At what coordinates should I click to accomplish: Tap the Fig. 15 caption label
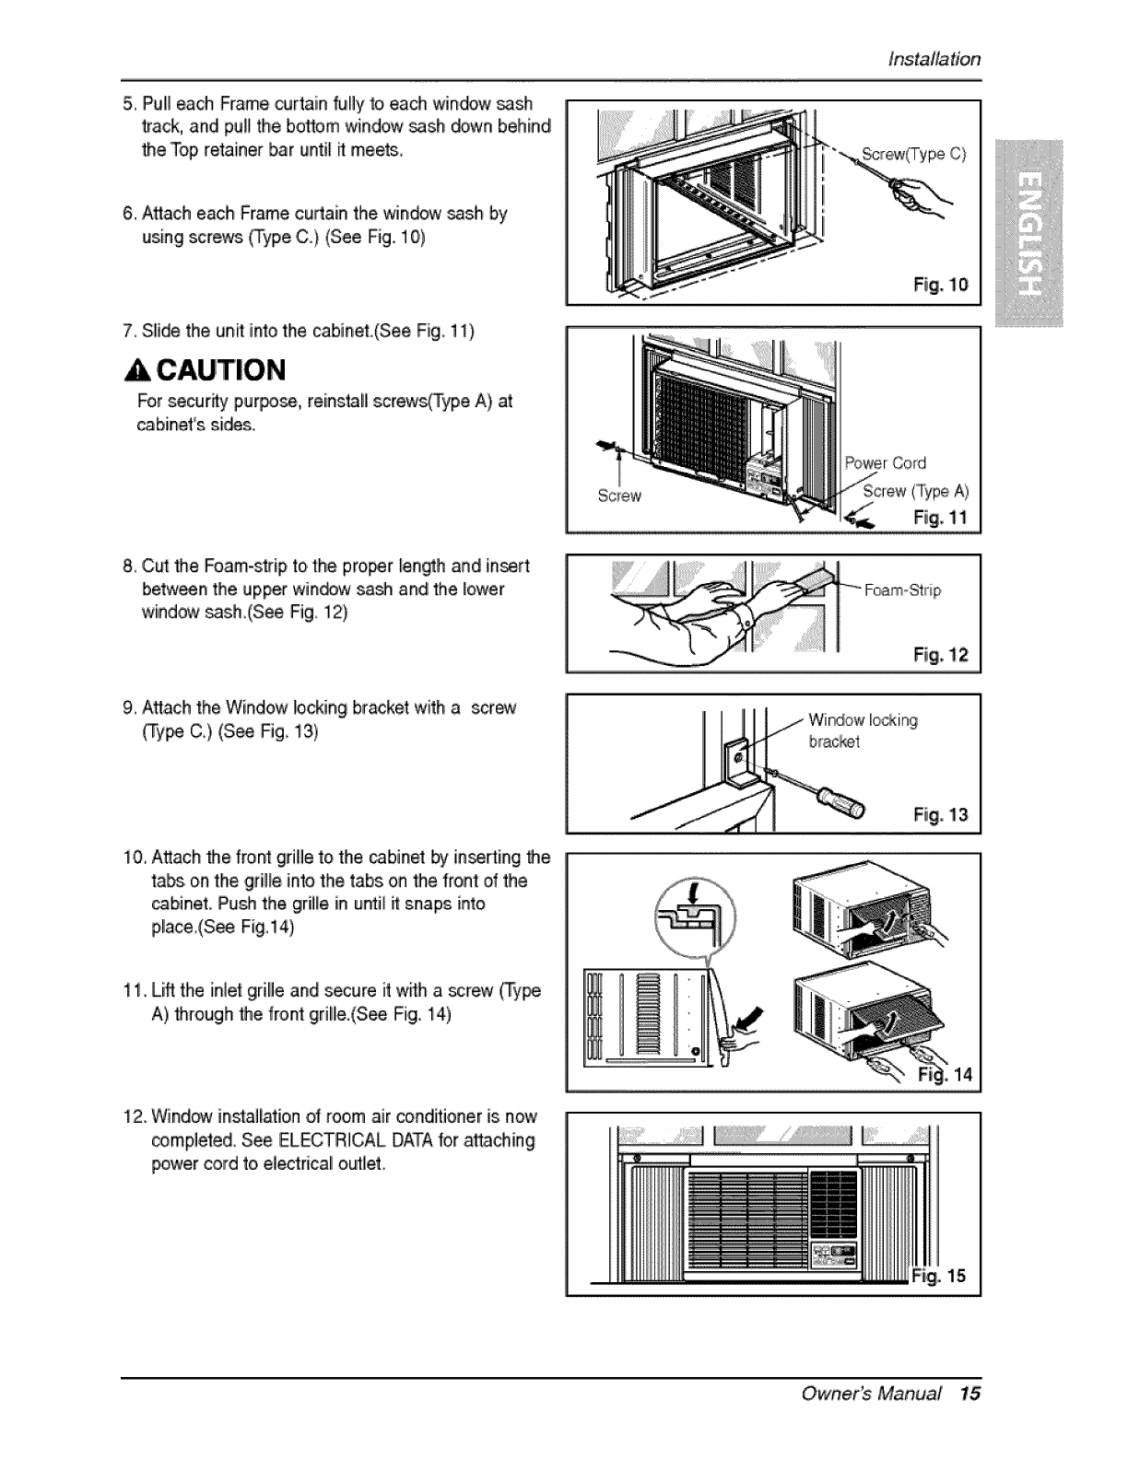pos(940,1276)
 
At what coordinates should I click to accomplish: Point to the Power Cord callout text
pos(886,462)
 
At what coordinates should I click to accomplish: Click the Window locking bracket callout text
pos(863,730)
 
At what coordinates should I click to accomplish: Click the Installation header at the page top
pos(934,59)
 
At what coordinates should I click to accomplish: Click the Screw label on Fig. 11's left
pos(618,496)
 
